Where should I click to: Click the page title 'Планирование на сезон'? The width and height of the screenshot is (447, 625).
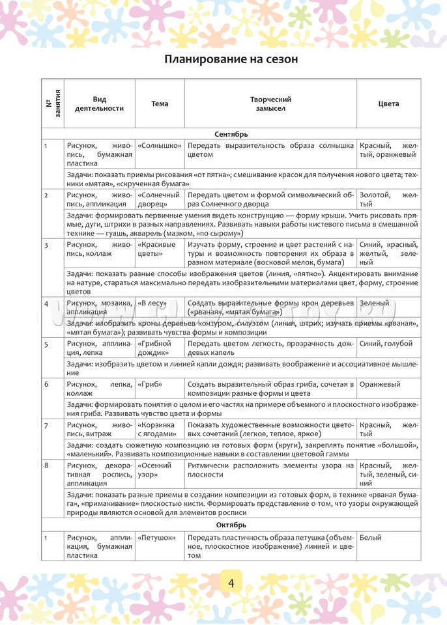pyautogui.click(x=231, y=59)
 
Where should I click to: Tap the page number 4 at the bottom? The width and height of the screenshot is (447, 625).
pyautogui.click(x=231, y=583)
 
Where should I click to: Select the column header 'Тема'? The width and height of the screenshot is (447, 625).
pyautogui.click(x=160, y=104)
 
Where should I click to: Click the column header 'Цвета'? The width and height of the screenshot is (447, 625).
pyautogui.click(x=388, y=104)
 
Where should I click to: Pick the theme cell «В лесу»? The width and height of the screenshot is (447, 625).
pyautogui.click(x=151, y=303)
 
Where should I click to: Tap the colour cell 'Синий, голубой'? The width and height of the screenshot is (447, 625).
pyautogui.click(x=386, y=343)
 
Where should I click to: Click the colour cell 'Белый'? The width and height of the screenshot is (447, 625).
pyautogui.click(x=370, y=538)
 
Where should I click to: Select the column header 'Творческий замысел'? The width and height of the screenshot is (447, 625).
pyautogui.click(x=270, y=104)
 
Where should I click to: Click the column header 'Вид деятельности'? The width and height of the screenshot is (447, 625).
pyautogui.click(x=99, y=104)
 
